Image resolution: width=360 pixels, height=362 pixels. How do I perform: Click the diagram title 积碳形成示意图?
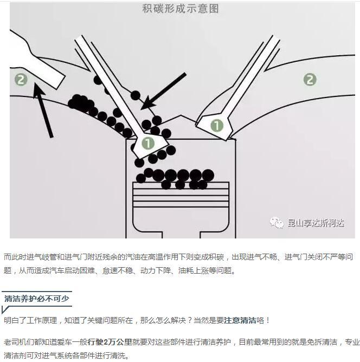[181, 9]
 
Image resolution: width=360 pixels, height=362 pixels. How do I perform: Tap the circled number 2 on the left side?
[21, 80]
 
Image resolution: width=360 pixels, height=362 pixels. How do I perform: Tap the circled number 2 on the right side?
[310, 80]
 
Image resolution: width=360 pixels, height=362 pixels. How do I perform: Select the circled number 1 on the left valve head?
[148, 143]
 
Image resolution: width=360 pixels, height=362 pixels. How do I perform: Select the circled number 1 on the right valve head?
[217, 126]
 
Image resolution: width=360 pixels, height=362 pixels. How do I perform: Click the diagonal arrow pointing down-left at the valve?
[163, 91]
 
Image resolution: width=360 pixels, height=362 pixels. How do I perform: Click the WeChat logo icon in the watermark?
[277, 223]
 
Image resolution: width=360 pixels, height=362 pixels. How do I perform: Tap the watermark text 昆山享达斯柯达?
[316, 223]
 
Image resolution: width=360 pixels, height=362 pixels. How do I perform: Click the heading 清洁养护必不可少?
[37, 299]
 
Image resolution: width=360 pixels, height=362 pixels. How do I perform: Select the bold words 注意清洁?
[240, 320]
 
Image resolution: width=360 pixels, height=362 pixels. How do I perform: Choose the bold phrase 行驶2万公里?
[110, 342]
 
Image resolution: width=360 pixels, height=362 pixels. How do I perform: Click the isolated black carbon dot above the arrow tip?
[136, 95]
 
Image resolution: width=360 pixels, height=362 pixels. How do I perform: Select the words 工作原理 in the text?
[42, 320]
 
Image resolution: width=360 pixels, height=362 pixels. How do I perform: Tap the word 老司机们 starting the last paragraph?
[19, 342]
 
